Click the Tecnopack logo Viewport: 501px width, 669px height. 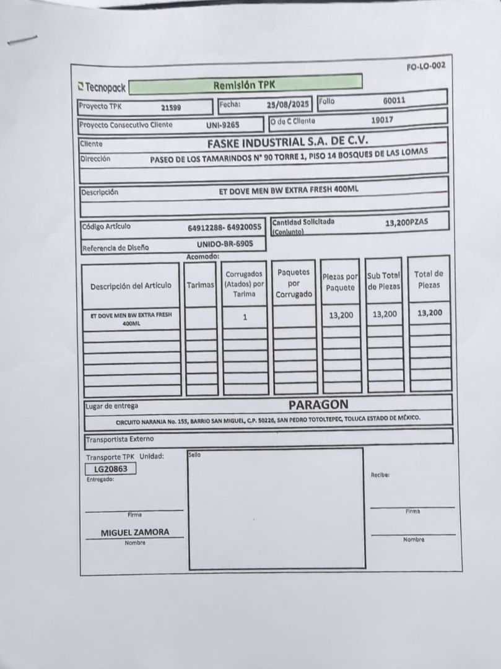pyautogui.click(x=102, y=88)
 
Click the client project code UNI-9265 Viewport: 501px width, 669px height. pyautogui.click(x=222, y=125)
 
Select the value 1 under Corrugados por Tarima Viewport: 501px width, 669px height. pyautogui.click(x=245, y=317)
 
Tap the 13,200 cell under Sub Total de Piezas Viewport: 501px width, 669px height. pyautogui.click(x=384, y=315)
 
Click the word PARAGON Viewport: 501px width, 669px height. pyautogui.click(x=318, y=404)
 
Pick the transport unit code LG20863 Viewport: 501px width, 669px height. pyautogui.click(x=110, y=469)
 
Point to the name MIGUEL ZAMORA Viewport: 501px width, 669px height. pyautogui.click(x=134, y=532)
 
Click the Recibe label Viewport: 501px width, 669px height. pyautogui.click(x=379, y=475)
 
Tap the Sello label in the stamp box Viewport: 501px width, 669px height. pyautogui.click(x=194, y=455)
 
